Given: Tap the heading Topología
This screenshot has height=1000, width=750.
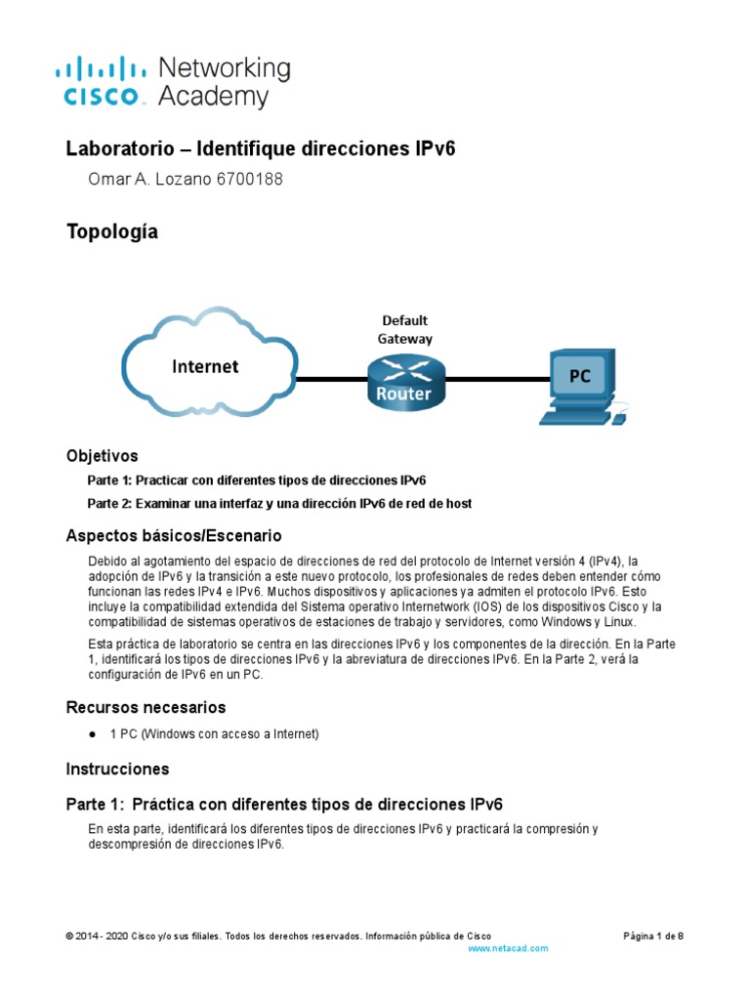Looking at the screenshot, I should pyautogui.click(x=111, y=232).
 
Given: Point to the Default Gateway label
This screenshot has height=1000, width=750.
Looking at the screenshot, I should pyautogui.click(x=405, y=329).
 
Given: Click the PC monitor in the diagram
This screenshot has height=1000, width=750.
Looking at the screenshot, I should pyautogui.click(x=580, y=377).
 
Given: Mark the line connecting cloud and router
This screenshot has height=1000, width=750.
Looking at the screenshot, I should pyautogui.click(x=332, y=379).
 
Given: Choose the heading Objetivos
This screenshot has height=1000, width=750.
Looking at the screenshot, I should pyautogui.click(x=102, y=456).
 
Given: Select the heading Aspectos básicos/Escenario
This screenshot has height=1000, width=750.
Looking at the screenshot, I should pyautogui.click(x=173, y=536).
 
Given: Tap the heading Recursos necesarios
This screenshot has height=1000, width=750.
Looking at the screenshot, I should pyautogui.click(x=146, y=707).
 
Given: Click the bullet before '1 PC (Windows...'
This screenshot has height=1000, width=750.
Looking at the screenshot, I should pyautogui.click(x=92, y=734).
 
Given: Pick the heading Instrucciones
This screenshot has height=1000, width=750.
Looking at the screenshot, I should pyautogui.click(x=117, y=769).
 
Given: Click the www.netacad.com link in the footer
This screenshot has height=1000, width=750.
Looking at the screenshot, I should pyautogui.click(x=508, y=948).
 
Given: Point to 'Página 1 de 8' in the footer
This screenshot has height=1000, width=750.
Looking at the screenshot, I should pyautogui.click(x=653, y=936).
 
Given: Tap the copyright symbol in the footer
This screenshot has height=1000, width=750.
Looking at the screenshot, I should pyautogui.click(x=69, y=936).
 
